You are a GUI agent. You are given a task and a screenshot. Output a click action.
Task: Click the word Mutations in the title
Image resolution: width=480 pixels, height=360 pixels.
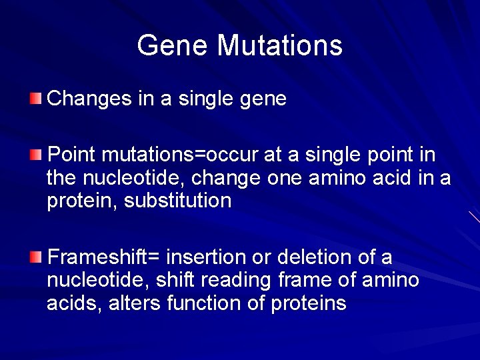click(279, 46)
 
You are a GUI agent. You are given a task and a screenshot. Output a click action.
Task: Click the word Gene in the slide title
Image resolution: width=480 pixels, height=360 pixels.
click(173, 46)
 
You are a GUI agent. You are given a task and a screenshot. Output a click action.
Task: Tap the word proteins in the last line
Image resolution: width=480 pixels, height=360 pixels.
click(309, 303)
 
